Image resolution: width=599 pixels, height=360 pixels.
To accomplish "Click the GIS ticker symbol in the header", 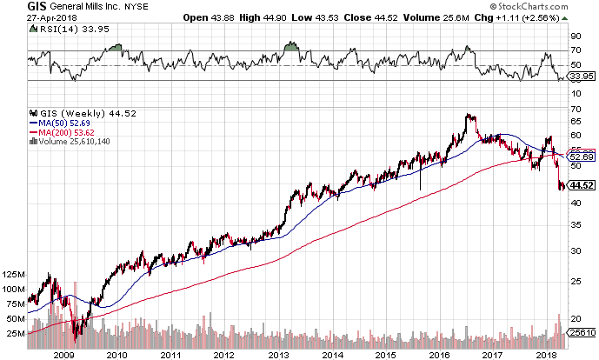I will tap(15, 7).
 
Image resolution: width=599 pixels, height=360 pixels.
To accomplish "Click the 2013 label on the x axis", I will tap(278, 354).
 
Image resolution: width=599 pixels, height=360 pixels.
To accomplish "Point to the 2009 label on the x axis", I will tap(62, 354).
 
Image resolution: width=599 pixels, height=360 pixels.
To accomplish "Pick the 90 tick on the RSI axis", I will tap(575, 37).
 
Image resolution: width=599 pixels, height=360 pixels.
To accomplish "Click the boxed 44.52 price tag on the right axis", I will tap(582, 185).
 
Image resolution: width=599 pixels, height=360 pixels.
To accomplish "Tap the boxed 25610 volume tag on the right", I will tap(582, 332).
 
